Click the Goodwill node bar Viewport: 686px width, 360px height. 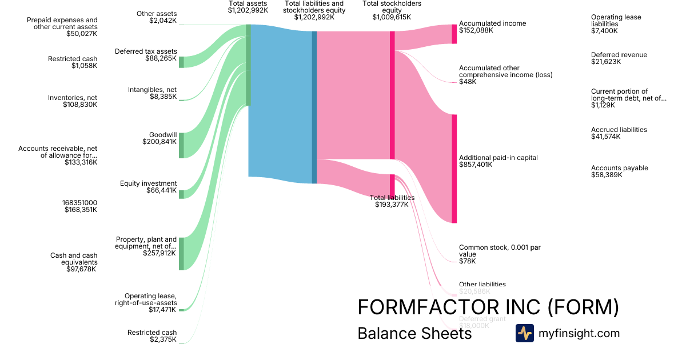[181, 145]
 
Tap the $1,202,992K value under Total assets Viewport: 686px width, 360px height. [248, 10]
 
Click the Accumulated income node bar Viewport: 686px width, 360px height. [454, 34]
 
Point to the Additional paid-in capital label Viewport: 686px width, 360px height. [498, 158]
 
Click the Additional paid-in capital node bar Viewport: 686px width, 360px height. [454, 169]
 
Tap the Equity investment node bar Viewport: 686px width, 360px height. [181, 194]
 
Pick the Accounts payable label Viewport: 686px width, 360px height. [620, 168]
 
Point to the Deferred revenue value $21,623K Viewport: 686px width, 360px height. [606, 62]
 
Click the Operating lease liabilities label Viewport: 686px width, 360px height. [616, 21]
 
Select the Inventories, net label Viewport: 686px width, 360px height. [73, 98]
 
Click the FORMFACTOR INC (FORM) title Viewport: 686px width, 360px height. [488, 307]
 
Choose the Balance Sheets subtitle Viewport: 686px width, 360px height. [414, 333]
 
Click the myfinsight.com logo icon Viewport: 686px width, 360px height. [524, 333]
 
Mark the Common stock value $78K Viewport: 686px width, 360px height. [467, 261]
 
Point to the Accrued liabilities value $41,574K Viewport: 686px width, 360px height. [606, 137]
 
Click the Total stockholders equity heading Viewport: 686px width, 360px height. [392, 7]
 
